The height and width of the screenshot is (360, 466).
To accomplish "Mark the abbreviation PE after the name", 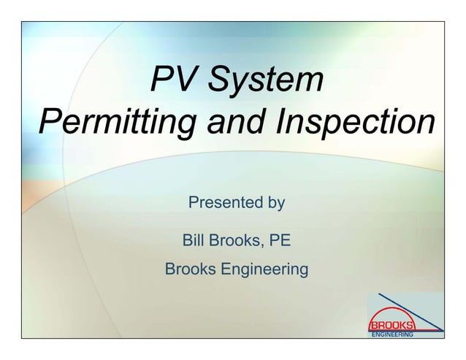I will [280, 240].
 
